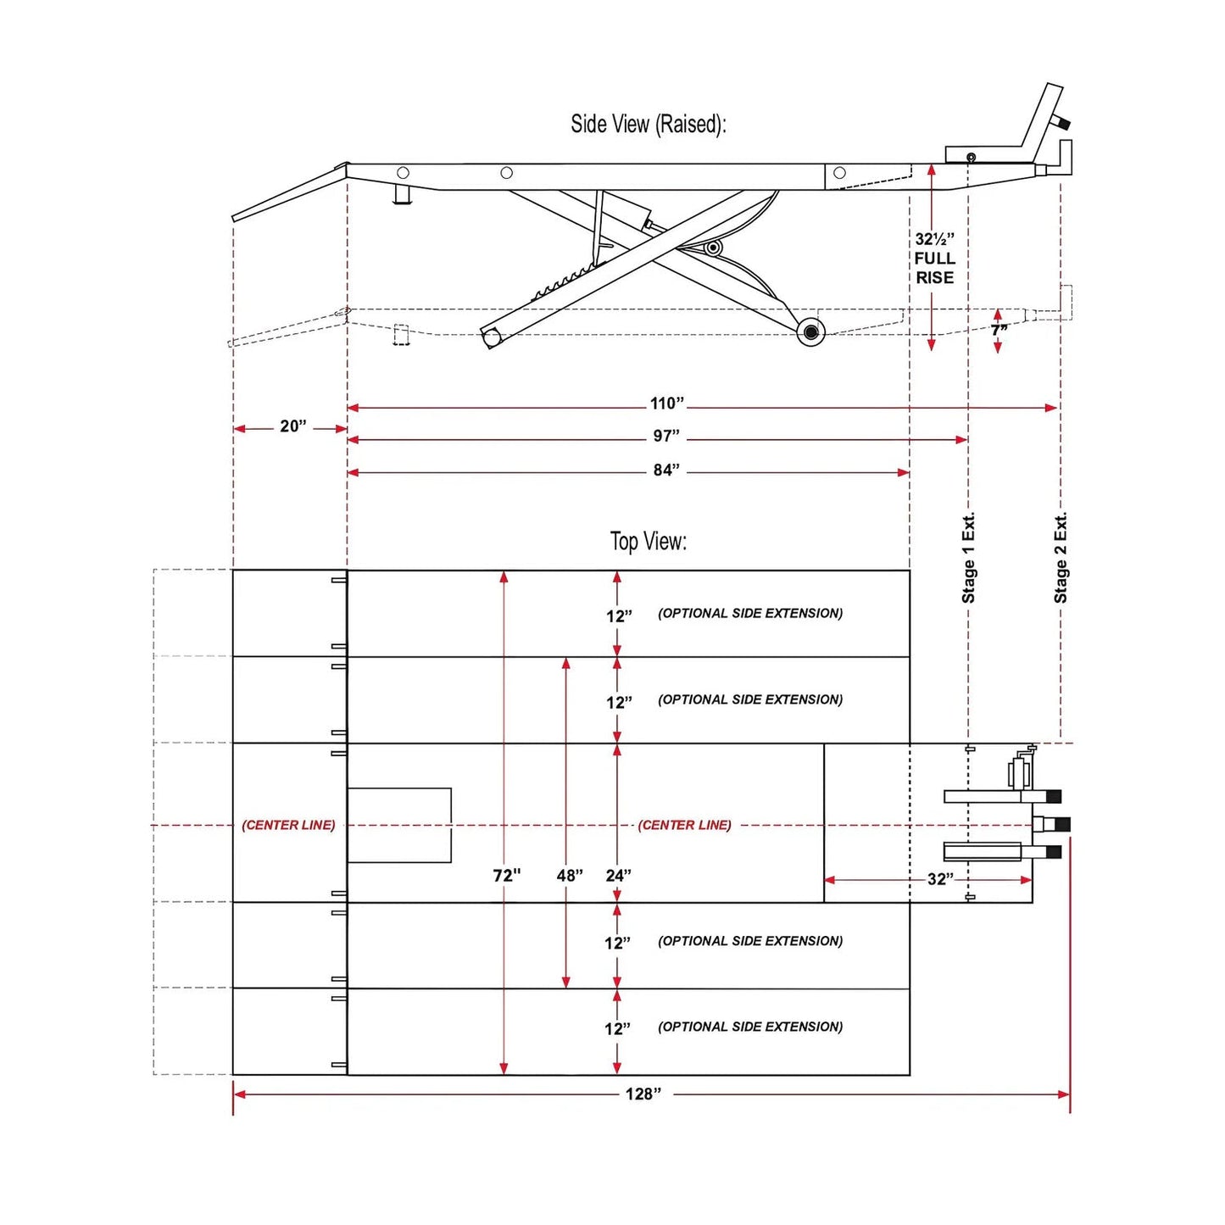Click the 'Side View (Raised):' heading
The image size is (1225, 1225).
pyautogui.click(x=648, y=124)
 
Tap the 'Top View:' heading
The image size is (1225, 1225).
pyautogui.click(x=649, y=542)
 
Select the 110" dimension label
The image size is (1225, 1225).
pyautogui.click(x=667, y=404)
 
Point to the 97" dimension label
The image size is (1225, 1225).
pyautogui.click(x=666, y=436)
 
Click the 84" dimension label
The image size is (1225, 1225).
pyautogui.click(x=666, y=470)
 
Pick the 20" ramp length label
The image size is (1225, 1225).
pyautogui.click(x=293, y=426)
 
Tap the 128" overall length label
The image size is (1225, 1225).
pyautogui.click(x=643, y=1094)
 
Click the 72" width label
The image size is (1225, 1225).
pyautogui.click(x=507, y=876)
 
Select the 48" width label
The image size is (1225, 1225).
pyautogui.click(x=570, y=876)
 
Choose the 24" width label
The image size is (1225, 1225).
pyautogui.click(x=619, y=876)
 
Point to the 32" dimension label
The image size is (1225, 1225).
pyautogui.click(x=941, y=878)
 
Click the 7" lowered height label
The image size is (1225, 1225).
pyautogui.click(x=999, y=330)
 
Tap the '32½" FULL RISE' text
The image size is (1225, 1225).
pyautogui.click(x=934, y=258)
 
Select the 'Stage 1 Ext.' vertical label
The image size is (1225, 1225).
pyautogui.click(x=968, y=558)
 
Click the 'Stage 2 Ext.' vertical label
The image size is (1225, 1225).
pyautogui.click(x=1061, y=558)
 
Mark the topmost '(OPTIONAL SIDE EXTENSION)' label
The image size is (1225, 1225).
pyautogui.click(x=750, y=614)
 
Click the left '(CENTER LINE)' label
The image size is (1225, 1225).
pyautogui.click(x=288, y=825)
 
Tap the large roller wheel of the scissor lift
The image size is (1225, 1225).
pyautogui.click(x=810, y=331)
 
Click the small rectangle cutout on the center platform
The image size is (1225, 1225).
pyautogui.click(x=399, y=825)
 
